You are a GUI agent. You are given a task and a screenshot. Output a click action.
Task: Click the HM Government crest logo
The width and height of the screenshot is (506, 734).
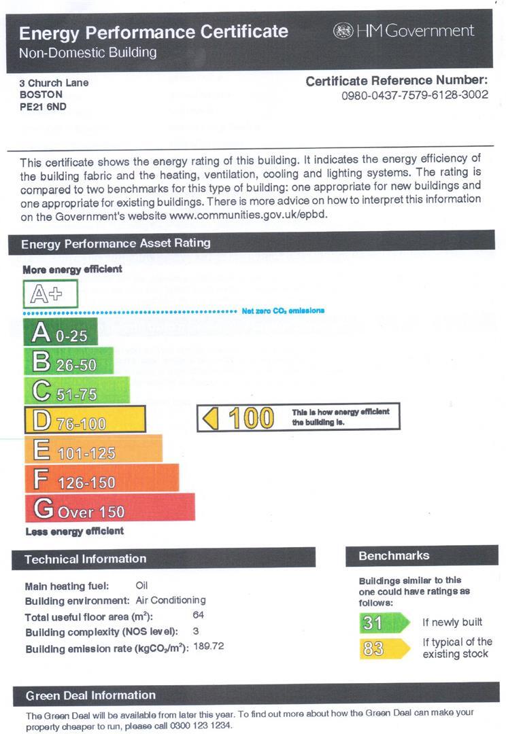[343, 31]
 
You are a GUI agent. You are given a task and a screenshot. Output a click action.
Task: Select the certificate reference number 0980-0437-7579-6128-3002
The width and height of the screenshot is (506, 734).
[415, 95]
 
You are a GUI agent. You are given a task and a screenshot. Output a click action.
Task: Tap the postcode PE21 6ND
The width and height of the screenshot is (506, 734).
[44, 106]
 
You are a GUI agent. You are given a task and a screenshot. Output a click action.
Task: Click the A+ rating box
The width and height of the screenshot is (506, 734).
[51, 294]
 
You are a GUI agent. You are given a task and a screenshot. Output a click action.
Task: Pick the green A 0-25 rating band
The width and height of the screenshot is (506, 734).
[61, 333]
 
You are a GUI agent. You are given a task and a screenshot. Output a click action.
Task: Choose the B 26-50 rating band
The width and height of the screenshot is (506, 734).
[69, 362]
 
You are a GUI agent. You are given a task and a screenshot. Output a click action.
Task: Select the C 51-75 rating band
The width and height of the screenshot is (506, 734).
[77, 391]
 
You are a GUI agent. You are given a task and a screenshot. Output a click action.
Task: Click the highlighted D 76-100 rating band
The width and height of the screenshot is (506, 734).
[85, 420]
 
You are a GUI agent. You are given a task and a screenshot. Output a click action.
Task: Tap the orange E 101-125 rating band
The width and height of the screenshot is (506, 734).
[93, 449]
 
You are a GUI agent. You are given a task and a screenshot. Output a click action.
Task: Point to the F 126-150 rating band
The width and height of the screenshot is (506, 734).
[101, 479]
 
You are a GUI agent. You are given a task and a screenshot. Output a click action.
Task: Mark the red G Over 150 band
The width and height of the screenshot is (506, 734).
[109, 508]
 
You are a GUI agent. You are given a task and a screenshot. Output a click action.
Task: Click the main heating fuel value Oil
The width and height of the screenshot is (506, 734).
[141, 585]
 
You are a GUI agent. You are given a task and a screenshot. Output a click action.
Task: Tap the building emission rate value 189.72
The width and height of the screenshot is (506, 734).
[209, 646]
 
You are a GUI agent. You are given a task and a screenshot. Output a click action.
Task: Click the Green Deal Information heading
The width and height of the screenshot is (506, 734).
[90, 695]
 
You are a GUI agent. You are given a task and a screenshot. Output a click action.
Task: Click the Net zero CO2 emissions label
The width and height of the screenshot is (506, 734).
[283, 311]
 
